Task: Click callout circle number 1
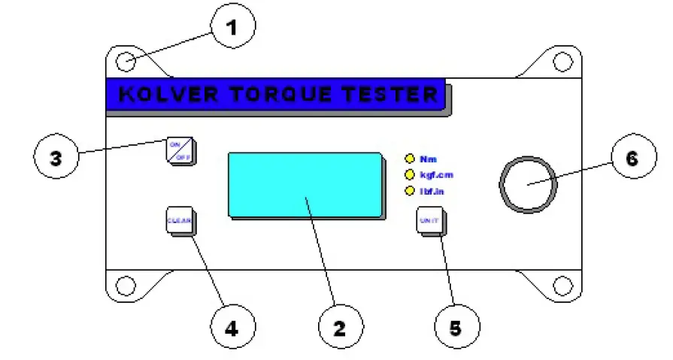coord(232,28)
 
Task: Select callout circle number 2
coord(340,327)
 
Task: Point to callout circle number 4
coord(232,327)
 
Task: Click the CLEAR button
coord(179,221)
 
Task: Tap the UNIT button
coord(430,221)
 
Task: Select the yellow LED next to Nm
coord(410,159)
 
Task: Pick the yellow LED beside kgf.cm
coord(410,175)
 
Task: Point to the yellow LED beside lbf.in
coord(410,192)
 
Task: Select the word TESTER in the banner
coord(395,95)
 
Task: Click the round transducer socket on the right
coord(528,184)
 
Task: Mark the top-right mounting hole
coord(562,62)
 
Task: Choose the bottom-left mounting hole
coord(126,286)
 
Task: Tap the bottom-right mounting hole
coord(562,286)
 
